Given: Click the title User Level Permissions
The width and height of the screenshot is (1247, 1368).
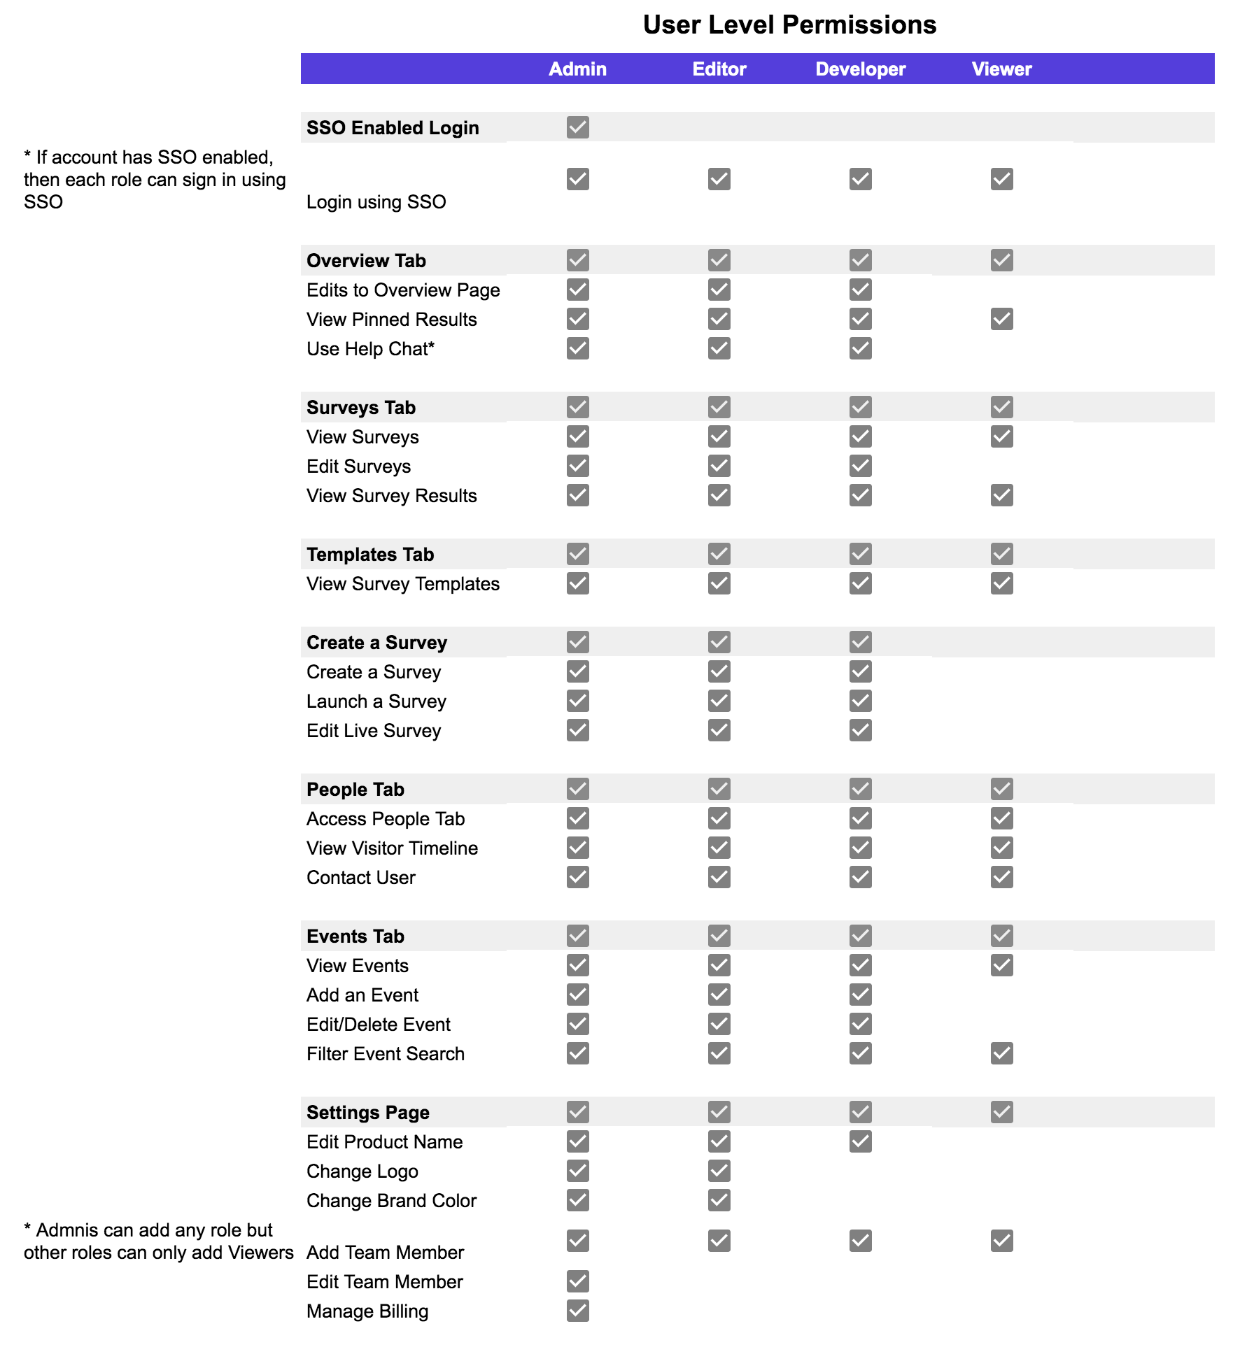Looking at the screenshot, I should coord(789,25).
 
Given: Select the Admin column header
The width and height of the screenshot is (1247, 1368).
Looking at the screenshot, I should coord(577,69).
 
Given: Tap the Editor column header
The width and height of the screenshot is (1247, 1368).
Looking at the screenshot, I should coord(719,69).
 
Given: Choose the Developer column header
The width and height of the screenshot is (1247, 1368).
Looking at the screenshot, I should coord(860,69).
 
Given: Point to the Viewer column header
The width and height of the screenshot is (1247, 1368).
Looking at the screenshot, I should coord(1001,69).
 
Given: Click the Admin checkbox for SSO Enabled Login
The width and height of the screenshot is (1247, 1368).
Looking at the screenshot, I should coord(577,127).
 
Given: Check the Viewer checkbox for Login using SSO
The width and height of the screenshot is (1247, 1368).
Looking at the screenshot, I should coord(1001,179).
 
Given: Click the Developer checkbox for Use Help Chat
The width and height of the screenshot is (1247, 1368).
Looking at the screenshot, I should coord(860,348).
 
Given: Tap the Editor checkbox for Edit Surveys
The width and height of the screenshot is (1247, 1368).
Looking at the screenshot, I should coord(719,466).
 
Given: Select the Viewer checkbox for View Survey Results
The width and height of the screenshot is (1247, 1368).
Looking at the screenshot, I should coord(1001,495).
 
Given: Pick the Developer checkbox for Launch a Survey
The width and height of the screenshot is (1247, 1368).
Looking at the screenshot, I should coord(860,701).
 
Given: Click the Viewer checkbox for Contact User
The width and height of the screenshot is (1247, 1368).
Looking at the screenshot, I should coord(1001,877).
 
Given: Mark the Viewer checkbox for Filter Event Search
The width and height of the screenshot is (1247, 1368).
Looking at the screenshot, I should coord(1001,1053).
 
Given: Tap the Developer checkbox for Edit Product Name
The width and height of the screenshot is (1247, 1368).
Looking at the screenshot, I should coord(860,1141).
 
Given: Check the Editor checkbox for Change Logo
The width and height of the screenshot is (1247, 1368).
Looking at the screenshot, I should coord(719,1171).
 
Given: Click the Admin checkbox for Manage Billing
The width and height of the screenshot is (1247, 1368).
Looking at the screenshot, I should coord(577,1311).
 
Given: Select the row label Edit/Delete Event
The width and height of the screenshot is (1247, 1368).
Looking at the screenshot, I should coord(378,1025).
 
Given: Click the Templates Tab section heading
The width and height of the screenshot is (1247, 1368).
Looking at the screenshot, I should coord(369,555).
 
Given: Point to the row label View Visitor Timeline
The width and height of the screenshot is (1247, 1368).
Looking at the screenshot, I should coord(392,848).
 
